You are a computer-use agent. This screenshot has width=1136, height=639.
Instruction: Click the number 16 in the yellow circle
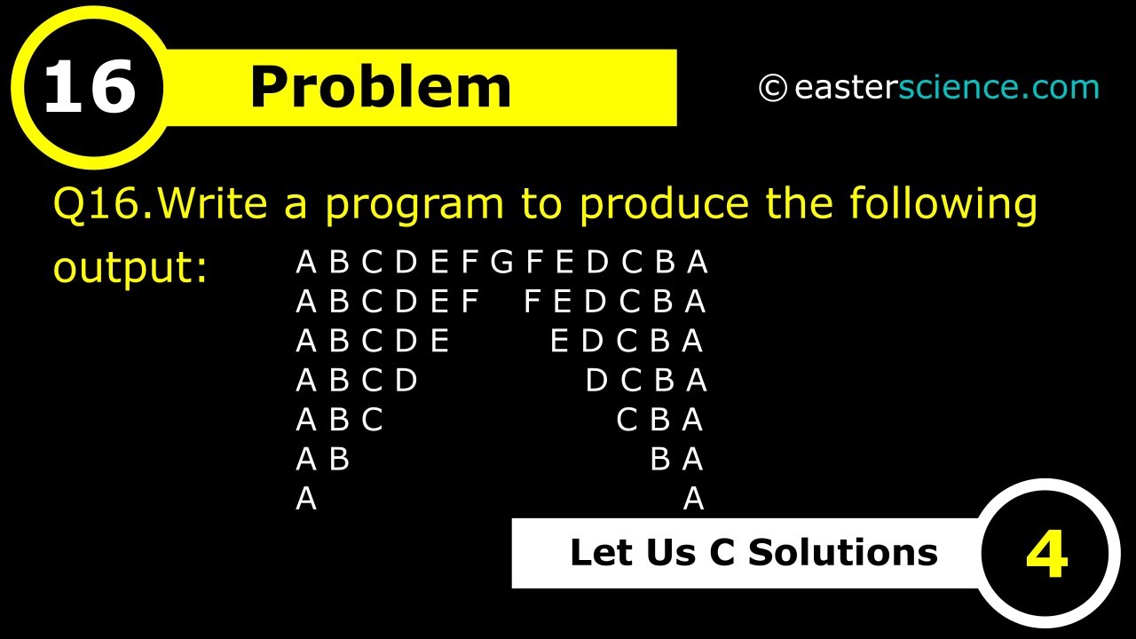(x=89, y=88)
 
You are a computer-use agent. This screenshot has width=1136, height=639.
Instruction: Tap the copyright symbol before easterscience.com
(x=772, y=88)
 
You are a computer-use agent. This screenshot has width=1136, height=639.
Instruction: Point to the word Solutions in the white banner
(x=843, y=552)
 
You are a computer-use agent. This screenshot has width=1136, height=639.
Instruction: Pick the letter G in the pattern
(x=501, y=263)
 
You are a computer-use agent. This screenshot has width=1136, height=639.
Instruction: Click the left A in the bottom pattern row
(x=306, y=500)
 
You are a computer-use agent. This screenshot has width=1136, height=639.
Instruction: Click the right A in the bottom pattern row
(x=693, y=500)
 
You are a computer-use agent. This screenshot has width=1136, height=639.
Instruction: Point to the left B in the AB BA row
(x=339, y=460)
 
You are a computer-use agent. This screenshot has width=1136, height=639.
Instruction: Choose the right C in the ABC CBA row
(x=627, y=420)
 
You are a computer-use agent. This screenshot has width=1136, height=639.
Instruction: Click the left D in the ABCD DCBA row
(x=406, y=381)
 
